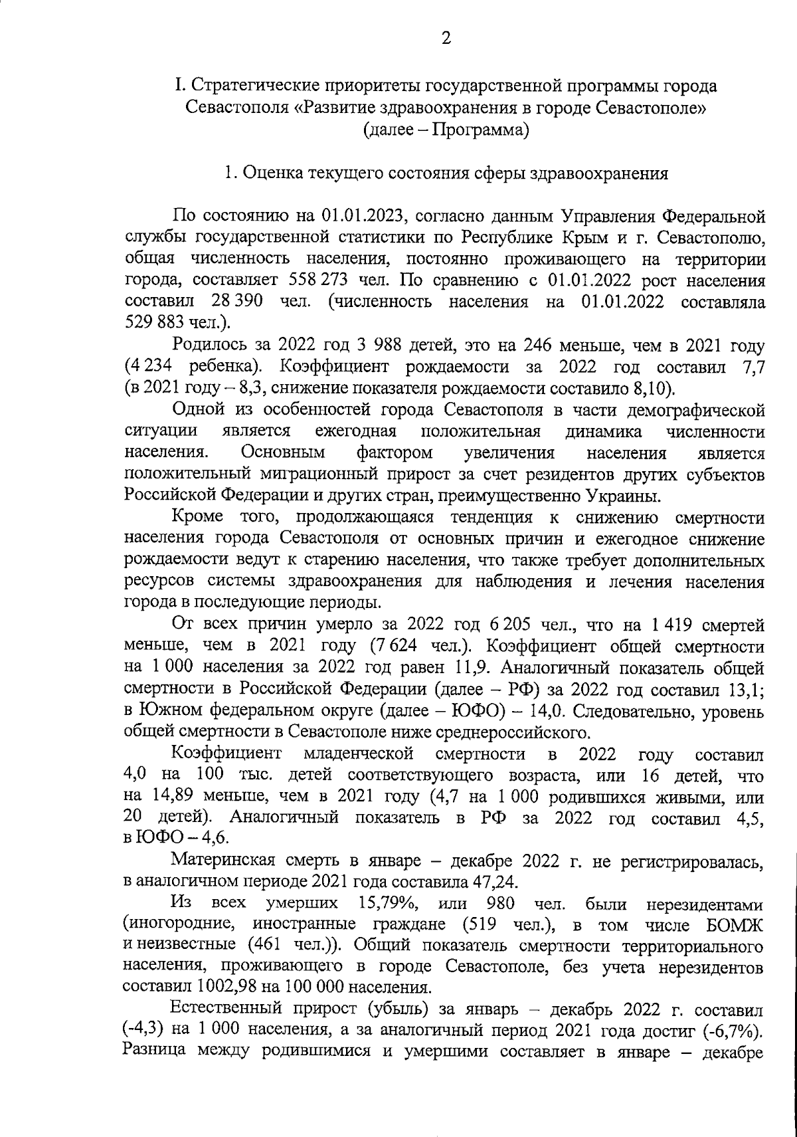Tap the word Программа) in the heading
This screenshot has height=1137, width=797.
pos(481,130)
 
